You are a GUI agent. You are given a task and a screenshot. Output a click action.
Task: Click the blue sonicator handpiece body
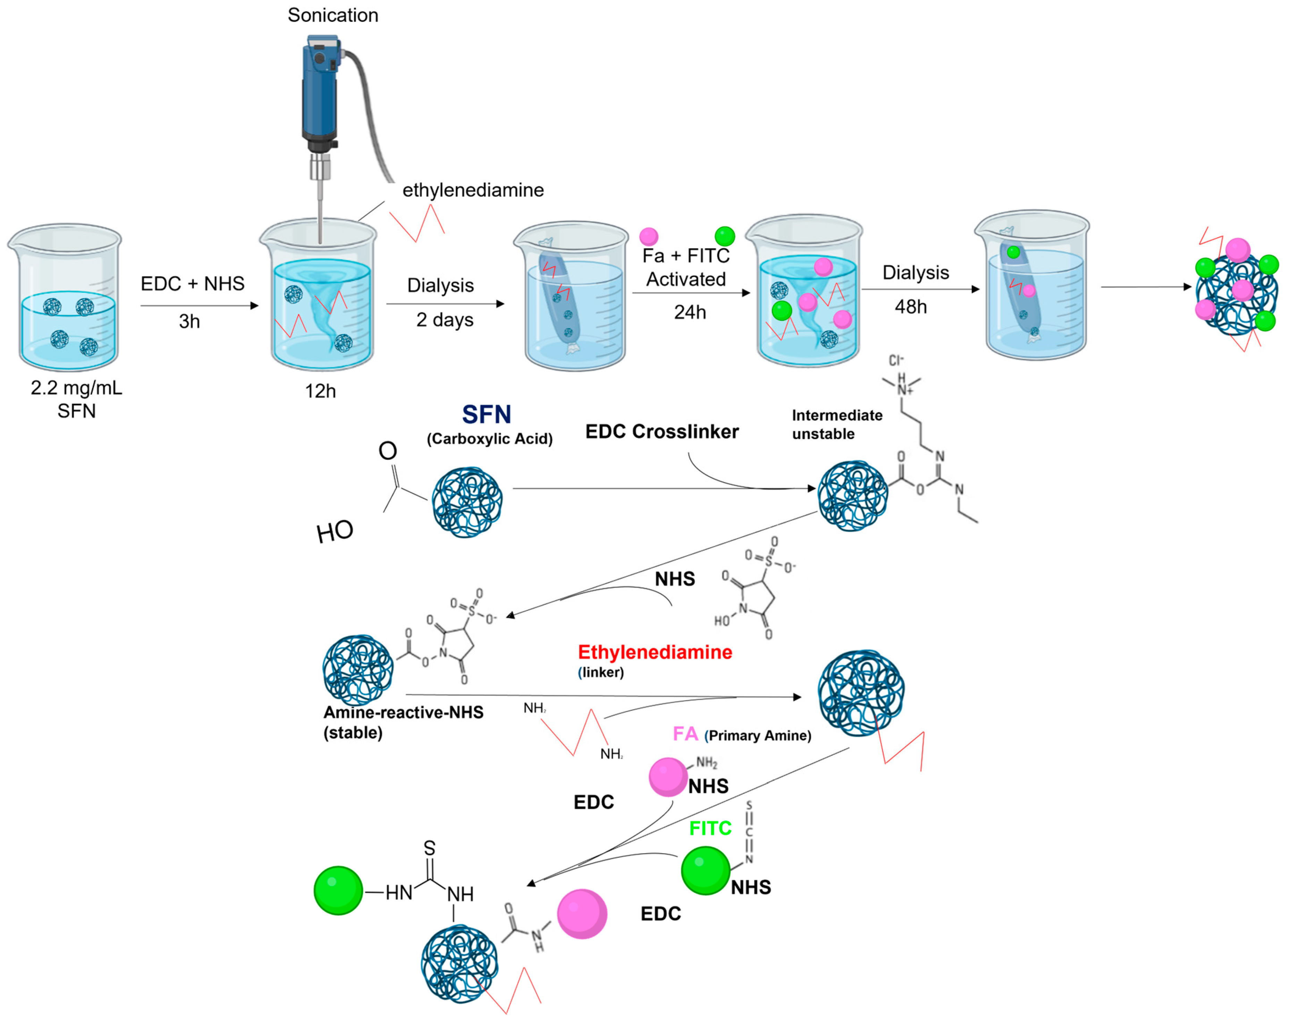[x=320, y=89]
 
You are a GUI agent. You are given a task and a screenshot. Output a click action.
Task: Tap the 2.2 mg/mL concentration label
[x=76, y=388]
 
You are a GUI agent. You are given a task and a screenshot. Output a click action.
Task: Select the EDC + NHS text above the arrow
[x=192, y=284]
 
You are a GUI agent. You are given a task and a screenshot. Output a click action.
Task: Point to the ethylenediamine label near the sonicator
[x=473, y=190]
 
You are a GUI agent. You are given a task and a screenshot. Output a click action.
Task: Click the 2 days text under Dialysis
[x=445, y=320]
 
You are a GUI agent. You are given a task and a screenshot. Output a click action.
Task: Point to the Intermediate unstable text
[x=836, y=424]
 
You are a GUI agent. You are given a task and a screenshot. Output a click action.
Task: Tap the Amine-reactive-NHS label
[x=403, y=712]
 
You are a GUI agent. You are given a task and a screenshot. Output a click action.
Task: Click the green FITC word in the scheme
[x=710, y=828]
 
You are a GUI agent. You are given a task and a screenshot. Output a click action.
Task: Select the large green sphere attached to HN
[x=338, y=890]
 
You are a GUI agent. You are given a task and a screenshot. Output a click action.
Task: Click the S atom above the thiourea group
[x=429, y=848]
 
